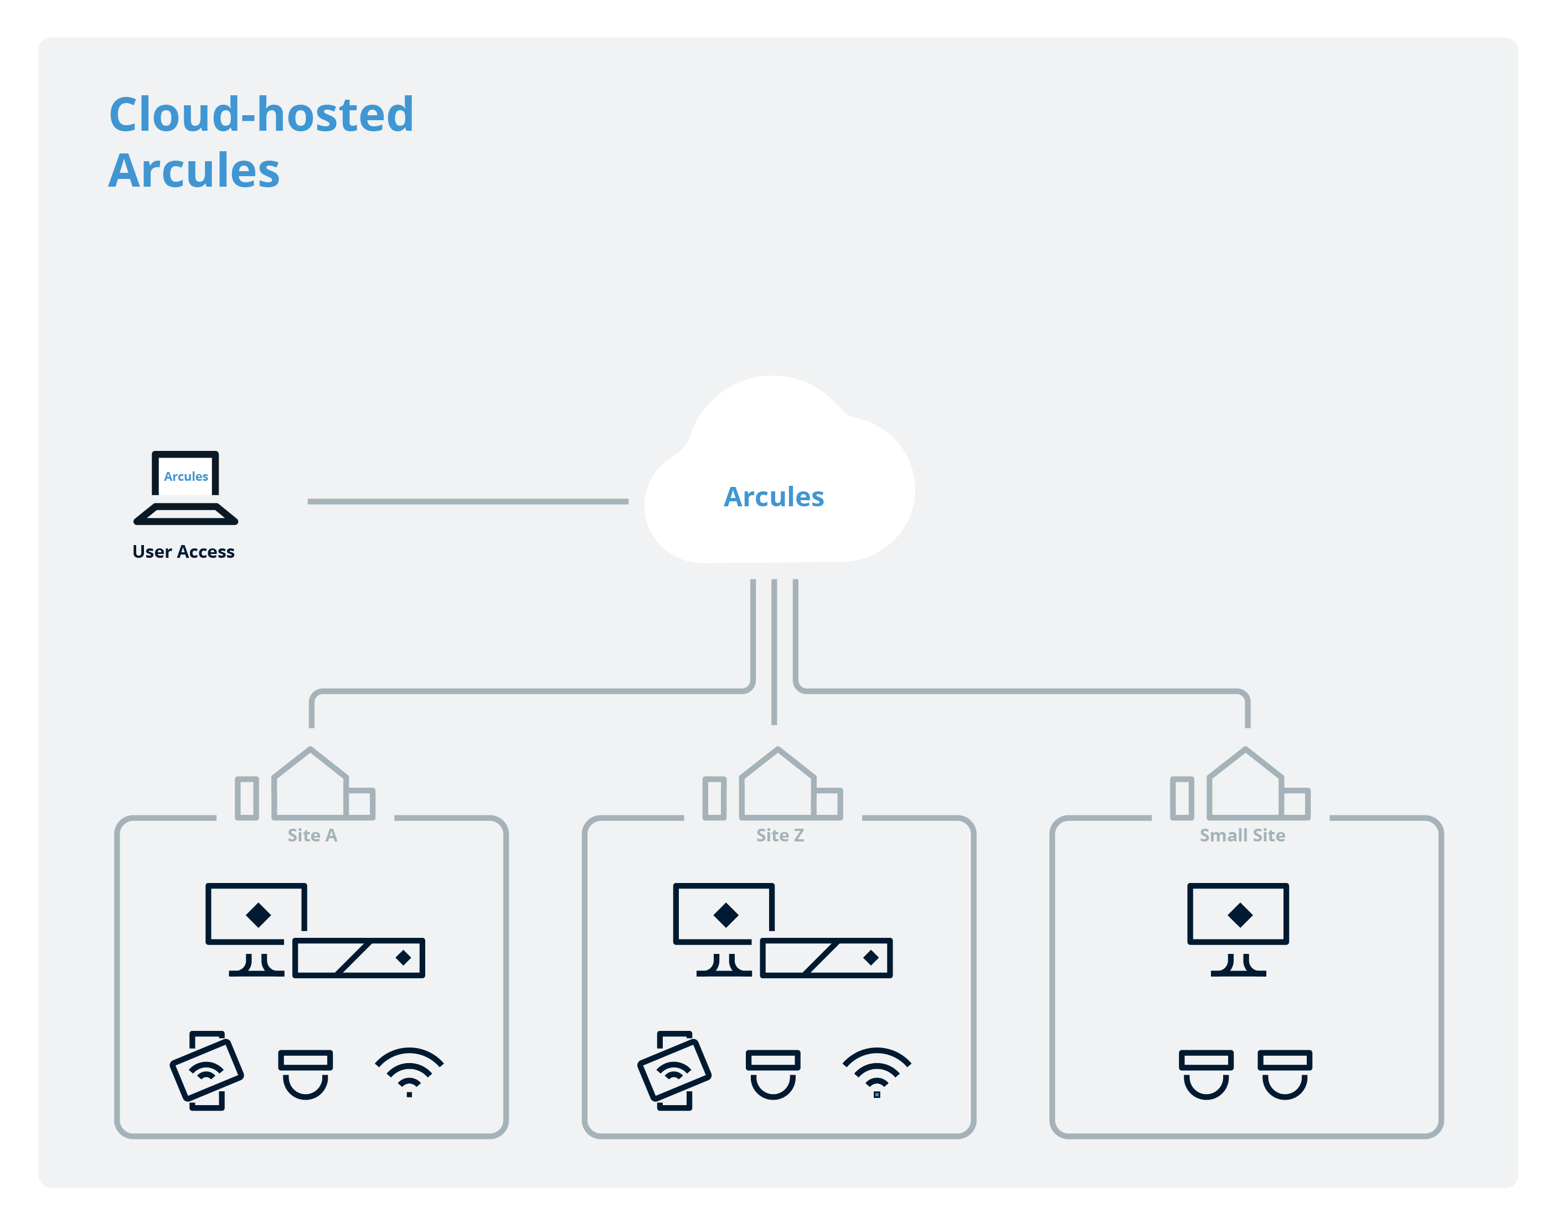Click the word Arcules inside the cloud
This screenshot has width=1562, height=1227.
pos(774,497)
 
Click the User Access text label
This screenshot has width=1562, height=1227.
pos(183,552)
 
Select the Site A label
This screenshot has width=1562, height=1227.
pos(312,835)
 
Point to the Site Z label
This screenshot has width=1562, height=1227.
pos(780,835)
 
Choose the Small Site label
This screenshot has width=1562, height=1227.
pos(1243,835)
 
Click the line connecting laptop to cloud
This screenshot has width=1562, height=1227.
pos(467,501)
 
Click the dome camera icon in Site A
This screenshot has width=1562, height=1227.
pos(305,1075)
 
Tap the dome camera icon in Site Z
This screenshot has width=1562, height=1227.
pos(773,1075)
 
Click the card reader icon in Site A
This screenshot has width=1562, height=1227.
pos(207,1070)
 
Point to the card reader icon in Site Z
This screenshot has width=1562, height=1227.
pos(674,1070)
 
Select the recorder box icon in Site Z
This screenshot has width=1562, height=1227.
pos(827,958)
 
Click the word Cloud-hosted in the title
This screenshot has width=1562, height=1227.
pos(261,114)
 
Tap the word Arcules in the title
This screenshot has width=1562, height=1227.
pos(194,171)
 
